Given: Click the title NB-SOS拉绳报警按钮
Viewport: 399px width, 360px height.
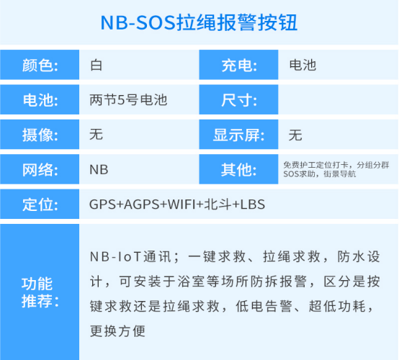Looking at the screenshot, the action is pos(199,22).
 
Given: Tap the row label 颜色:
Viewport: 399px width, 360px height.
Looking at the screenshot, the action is pos(40,66).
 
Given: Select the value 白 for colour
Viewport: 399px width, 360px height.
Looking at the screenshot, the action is pos(97,66).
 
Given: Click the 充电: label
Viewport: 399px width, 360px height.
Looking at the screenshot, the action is pos(239,66).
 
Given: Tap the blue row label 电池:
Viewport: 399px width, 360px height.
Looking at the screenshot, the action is pos(40,100).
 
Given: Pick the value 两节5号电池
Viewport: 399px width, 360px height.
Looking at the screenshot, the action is pos(128,100).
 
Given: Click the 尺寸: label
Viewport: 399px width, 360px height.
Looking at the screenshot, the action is pos(239,100).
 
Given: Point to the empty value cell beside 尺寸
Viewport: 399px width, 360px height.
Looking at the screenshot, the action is pos(338,100).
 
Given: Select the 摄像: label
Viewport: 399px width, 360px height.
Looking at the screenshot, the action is pos(40,135).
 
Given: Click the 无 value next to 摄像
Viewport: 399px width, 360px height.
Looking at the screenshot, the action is pos(96,135).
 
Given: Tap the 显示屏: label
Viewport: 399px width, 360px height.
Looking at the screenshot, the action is pos(238,135).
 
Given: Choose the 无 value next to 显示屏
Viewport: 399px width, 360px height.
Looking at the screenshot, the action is pos(295,135).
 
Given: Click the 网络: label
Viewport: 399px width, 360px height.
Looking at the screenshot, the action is pos(40,169).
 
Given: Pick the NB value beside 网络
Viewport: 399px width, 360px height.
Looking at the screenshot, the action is pos(99,170).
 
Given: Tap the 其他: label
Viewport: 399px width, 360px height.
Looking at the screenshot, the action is pos(239,169).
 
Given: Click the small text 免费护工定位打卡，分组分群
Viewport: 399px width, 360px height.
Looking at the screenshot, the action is pos(336,165).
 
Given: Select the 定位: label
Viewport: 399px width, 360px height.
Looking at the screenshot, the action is pos(40,204).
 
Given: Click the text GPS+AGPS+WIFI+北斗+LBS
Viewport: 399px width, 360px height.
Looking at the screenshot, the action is pos(177,204).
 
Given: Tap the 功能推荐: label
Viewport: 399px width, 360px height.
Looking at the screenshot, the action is pos(40,292).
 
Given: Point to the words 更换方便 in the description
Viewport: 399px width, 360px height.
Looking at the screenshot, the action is pos(117,331).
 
